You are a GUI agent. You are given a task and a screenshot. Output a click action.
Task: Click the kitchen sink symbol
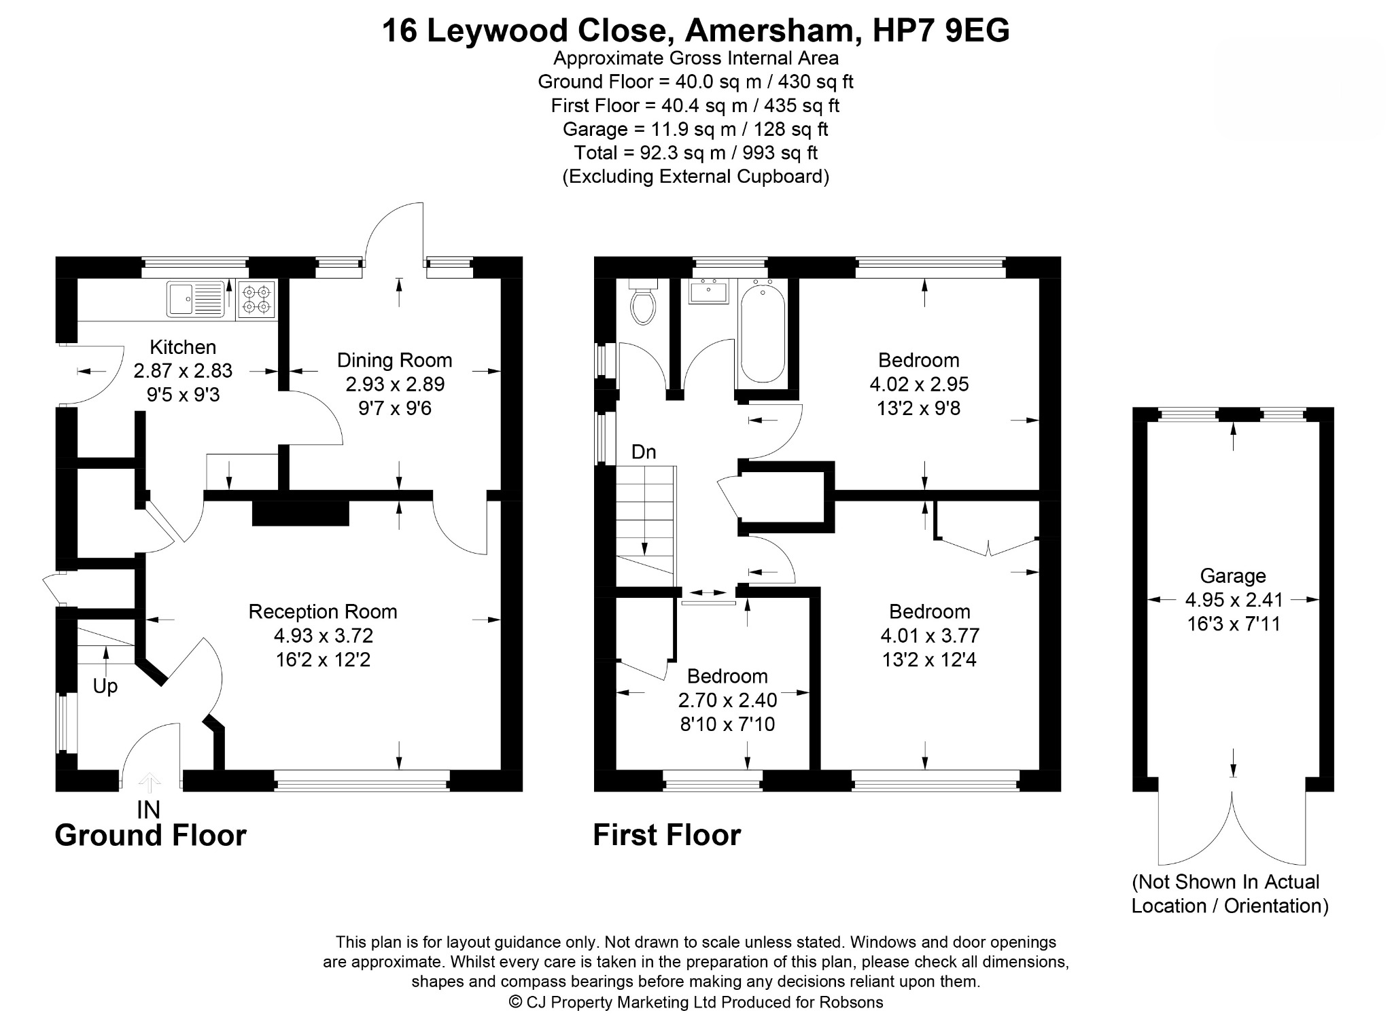[196, 299]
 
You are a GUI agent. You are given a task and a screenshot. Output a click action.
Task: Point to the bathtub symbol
[762, 333]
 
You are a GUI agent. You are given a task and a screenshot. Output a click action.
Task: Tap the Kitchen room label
[183, 347]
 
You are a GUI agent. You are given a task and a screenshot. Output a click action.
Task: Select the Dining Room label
[395, 360]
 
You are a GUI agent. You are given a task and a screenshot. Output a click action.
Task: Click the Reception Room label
[323, 611]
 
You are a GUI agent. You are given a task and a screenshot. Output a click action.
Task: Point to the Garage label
[1233, 576]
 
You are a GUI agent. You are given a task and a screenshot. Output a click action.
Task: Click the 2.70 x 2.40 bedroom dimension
[728, 700]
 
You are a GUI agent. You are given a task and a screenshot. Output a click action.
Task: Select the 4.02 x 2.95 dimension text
[919, 384]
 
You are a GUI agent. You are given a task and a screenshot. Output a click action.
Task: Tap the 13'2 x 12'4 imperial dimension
[929, 660]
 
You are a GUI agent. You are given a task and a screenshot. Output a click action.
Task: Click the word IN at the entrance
[148, 810]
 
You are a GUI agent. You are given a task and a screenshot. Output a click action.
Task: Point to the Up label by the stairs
[105, 687]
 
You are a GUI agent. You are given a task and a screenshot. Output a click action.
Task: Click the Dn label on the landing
[644, 452]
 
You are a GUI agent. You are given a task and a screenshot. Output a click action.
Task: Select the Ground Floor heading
[150, 835]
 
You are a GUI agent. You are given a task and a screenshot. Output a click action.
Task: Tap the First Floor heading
[667, 835]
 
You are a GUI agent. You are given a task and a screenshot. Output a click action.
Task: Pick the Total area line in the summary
[695, 153]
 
